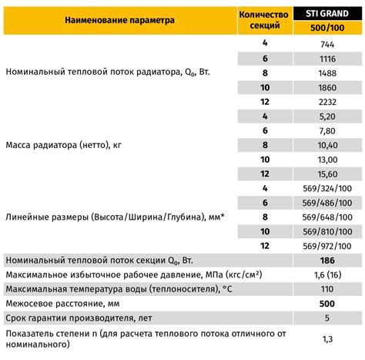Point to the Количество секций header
coord(265,22)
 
